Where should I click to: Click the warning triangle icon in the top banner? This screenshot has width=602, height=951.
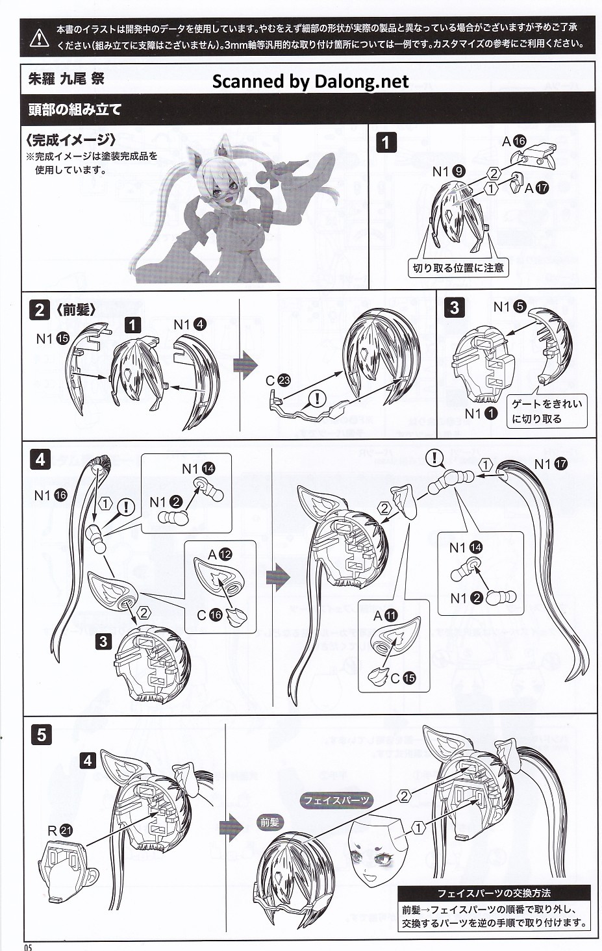pyautogui.click(x=40, y=37)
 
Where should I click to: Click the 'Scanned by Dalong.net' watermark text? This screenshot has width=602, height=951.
pyautogui.click(x=310, y=81)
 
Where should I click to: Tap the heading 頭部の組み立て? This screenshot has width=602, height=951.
pyautogui.click(x=75, y=110)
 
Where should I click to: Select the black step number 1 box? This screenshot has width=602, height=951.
pyautogui.click(x=386, y=142)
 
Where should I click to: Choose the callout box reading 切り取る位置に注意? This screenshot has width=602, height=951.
pyautogui.click(x=458, y=268)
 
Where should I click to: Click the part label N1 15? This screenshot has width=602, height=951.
pyautogui.click(x=53, y=338)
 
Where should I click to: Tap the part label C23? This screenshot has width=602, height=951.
pyautogui.click(x=278, y=380)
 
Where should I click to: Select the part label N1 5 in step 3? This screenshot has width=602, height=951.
pyautogui.click(x=510, y=306)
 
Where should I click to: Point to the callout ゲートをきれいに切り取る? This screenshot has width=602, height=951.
pyautogui.click(x=547, y=411)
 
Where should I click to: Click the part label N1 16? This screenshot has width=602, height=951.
pyautogui.click(x=51, y=494)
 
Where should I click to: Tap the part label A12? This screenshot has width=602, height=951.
pyautogui.click(x=220, y=554)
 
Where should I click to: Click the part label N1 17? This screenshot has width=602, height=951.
pyautogui.click(x=551, y=464)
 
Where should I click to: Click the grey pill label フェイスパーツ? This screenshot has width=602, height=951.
pyautogui.click(x=336, y=800)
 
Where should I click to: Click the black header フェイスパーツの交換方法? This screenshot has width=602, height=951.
pyautogui.click(x=494, y=893)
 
